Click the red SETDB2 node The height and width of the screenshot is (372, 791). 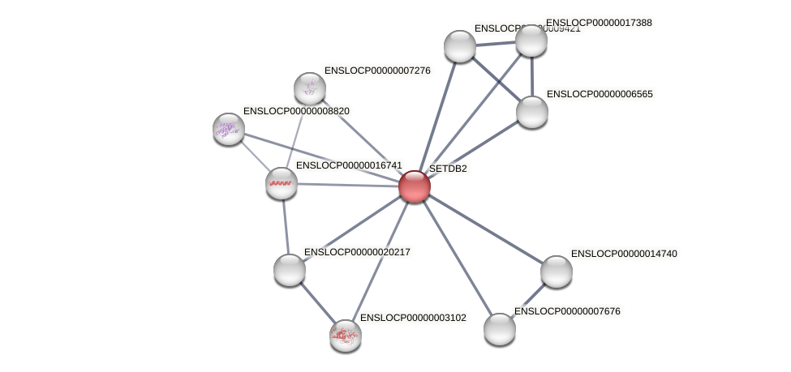[x=414, y=186]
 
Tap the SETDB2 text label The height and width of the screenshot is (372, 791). [x=448, y=169]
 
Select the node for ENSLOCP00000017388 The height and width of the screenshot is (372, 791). [x=531, y=41]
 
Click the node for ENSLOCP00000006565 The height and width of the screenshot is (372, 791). [x=532, y=112]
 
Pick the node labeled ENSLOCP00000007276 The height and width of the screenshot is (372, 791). [x=310, y=88]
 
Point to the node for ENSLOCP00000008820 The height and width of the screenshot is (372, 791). [x=229, y=128]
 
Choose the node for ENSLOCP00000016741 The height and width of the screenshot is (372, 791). [x=282, y=183]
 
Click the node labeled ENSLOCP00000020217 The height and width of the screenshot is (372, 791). [x=290, y=270]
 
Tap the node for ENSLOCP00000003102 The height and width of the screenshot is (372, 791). [x=346, y=335]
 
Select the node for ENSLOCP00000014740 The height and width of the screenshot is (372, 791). [x=557, y=272]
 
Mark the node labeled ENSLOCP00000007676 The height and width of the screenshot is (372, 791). [x=500, y=329]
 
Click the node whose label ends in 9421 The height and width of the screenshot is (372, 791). [x=460, y=46]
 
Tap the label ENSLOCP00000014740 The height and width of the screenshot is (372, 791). [x=624, y=254]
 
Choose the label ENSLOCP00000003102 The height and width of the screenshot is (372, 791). [x=413, y=318]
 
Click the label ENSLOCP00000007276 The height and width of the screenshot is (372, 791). [x=377, y=71]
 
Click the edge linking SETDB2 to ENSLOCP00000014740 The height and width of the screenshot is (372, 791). [x=485, y=229]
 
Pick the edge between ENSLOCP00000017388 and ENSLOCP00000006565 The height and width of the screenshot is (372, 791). [x=532, y=76]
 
